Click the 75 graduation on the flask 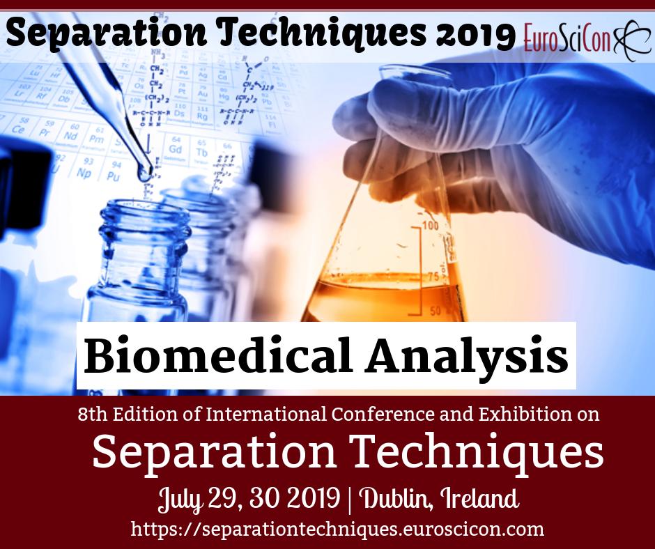point(432,277)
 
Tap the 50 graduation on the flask point(435,310)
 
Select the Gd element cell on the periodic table point(176,149)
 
